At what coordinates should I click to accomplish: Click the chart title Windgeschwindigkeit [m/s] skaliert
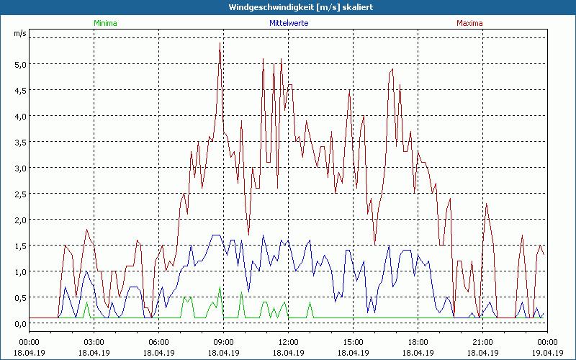(288, 7)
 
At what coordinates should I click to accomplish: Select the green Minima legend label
(105, 23)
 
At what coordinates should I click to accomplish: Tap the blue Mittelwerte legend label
(289, 23)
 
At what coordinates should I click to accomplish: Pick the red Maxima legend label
(470, 23)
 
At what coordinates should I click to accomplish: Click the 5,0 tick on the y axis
(19, 64)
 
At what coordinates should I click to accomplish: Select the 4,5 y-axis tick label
(19, 90)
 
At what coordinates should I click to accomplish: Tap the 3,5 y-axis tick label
(19, 142)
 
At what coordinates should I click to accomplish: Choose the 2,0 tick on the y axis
(19, 220)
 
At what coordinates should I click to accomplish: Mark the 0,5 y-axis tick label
(19, 297)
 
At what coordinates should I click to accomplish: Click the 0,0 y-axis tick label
(19, 323)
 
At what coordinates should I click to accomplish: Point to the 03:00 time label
(94, 342)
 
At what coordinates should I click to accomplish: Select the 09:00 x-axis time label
(223, 342)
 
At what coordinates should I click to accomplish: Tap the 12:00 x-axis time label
(288, 342)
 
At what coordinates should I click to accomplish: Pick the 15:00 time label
(353, 342)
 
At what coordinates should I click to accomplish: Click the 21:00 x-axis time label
(482, 342)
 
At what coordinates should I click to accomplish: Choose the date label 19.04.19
(547, 352)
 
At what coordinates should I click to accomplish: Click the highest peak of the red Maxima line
(220, 43)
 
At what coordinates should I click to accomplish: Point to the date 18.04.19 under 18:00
(418, 352)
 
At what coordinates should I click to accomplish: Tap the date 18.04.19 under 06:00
(158, 352)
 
